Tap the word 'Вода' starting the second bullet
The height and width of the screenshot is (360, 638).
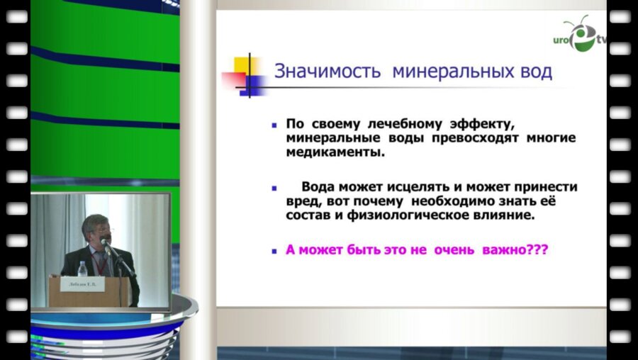(x=318, y=187)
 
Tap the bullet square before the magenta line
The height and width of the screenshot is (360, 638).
(x=274, y=249)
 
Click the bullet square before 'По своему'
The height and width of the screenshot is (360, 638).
(x=274, y=123)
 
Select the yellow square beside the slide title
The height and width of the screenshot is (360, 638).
(x=252, y=65)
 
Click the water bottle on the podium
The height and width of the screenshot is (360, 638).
(x=83, y=269)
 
